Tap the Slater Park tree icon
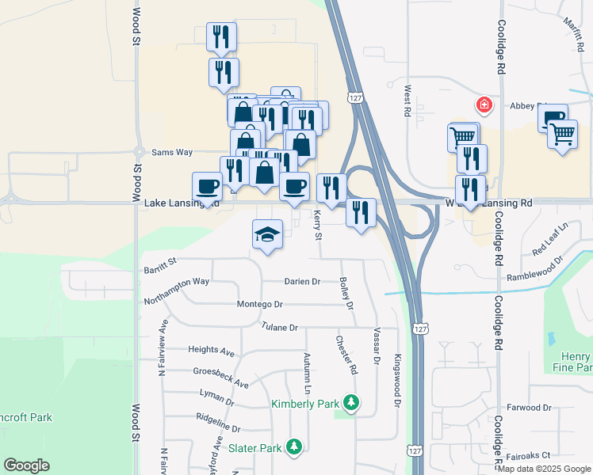[x=294, y=447]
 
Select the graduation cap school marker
[x=268, y=234]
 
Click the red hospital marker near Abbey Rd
[x=483, y=104]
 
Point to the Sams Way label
[x=172, y=152]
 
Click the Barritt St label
[x=160, y=271]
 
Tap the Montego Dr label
[x=260, y=305]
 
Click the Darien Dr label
[x=302, y=281]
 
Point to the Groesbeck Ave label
[x=220, y=377]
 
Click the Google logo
[x=26, y=465]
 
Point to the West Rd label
[x=407, y=101]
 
